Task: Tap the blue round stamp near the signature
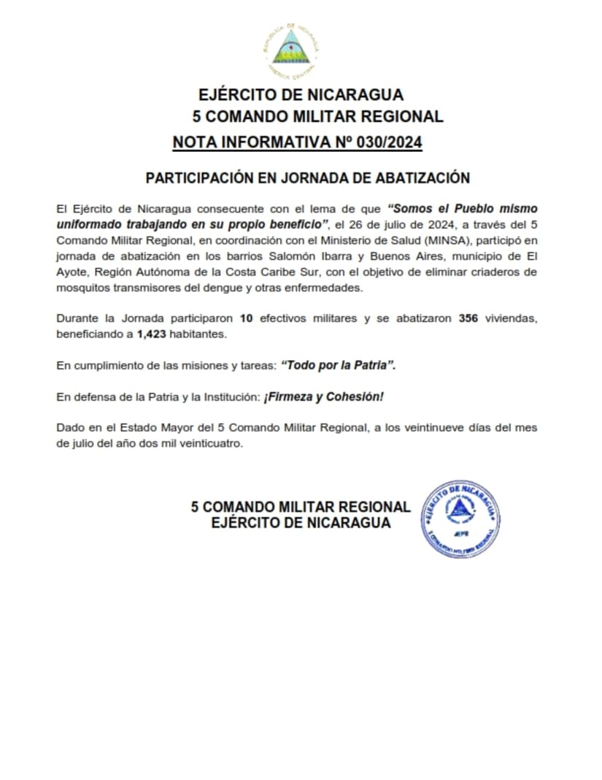(460, 519)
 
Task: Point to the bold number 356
(468, 318)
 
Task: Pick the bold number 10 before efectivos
(245, 318)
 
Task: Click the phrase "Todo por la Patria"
(338, 365)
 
